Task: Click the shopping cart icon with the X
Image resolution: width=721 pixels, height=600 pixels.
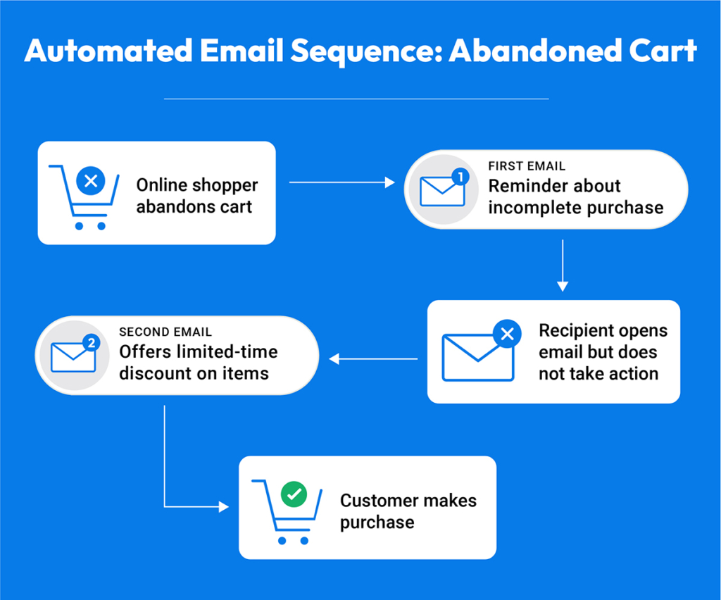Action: tap(84, 196)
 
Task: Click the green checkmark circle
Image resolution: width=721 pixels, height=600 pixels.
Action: tap(294, 496)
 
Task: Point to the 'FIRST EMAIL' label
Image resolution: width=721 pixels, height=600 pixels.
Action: tap(527, 166)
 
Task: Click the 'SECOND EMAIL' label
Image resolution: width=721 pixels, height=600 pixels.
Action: tap(165, 332)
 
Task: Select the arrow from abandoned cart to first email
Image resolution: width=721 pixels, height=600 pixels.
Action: tap(342, 183)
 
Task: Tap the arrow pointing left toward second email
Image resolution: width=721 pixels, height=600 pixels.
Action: tap(373, 359)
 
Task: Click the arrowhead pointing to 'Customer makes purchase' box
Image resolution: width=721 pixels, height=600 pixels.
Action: tap(225, 506)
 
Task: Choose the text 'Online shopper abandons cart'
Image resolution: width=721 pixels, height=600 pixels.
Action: tap(197, 196)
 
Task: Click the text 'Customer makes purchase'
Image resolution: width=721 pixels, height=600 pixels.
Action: tap(408, 511)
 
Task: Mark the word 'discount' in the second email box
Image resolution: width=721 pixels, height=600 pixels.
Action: tap(153, 373)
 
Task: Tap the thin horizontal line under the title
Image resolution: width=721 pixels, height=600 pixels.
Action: tap(356, 99)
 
